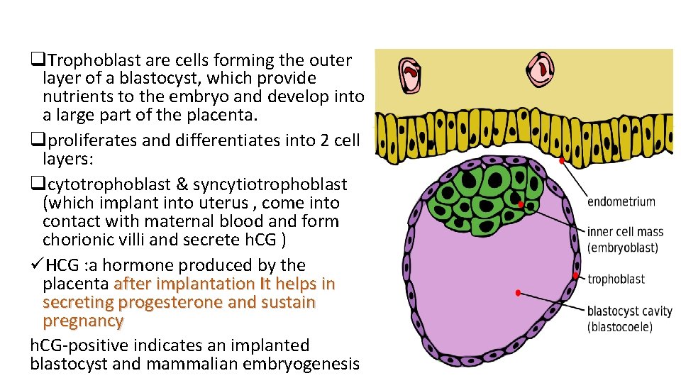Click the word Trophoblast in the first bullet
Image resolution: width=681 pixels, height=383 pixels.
point(87,60)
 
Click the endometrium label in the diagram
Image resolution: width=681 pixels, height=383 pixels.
point(621,201)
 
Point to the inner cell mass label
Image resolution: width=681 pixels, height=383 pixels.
point(625,232)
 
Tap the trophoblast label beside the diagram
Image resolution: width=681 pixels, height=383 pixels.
point(616,279)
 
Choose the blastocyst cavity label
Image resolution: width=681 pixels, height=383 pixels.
point(630,311)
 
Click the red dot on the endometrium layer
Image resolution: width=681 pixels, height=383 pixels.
point(562,162)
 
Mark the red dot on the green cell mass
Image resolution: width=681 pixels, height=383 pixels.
point(521,205)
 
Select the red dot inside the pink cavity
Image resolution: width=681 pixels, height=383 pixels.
point(519,293)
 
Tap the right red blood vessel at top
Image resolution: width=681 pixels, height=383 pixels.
point(542,70)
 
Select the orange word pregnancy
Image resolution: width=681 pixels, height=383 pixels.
point(83,321)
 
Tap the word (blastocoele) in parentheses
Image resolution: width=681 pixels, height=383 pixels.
point(619,327)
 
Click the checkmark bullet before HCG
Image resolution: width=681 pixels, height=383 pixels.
point(36,265)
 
